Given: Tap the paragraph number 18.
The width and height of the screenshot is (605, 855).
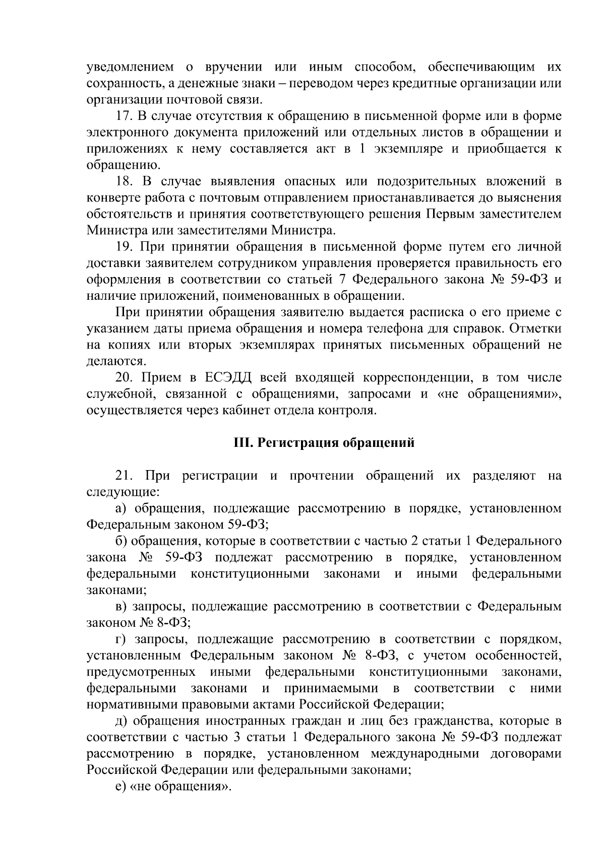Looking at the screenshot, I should pyautogui.click(x=124, y=182).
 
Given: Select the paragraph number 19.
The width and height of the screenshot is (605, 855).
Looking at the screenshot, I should pyautogui.click(x=124, y=247).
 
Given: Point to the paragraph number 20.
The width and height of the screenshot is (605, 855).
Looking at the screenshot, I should pyautogui.click(x=124, y=378).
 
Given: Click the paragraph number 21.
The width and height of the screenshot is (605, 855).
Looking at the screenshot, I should pyautogui.click(x=124, y=476).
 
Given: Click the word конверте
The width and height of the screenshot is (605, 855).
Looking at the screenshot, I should pyautogui.click(x=110, y=198).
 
